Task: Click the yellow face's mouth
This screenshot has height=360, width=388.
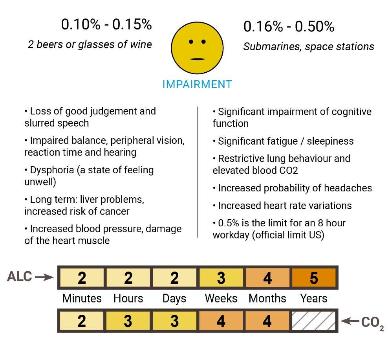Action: click(x=197, y=59)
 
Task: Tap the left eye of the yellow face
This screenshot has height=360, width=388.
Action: click(x=191, y=42)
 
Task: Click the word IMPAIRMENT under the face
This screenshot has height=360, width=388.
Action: click(x=197, y=84)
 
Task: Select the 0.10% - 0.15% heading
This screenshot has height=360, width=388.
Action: click(x=106, y=24)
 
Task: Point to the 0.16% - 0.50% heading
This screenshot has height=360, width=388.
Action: click(x=289, y=26)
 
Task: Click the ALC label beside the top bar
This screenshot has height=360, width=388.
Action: click(x=20, y=277)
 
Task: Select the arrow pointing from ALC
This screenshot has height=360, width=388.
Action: click(x=44, y=277)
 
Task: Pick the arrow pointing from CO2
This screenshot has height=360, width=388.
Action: click(x=350, y=321)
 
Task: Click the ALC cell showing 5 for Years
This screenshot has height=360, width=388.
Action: click(x=314, y=278)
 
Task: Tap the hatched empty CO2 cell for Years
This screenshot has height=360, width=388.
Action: click(x=314, y=321)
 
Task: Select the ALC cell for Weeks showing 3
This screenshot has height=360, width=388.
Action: click(x=221, y=278)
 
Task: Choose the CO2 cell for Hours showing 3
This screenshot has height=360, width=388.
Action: click(x=128, y=321)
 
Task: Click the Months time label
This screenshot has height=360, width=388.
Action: click(x=267, y=298)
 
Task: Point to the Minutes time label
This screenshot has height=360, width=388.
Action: click(x=82, y=298)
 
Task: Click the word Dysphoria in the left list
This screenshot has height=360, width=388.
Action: click(x=52, y=170)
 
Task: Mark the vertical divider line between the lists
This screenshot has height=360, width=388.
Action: click(x=198, y=172)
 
